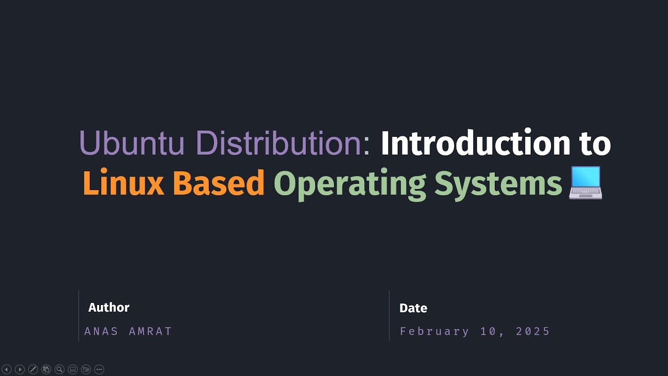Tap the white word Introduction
475,143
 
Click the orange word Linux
123,184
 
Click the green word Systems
498,184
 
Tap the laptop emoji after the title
586,183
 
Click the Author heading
109,308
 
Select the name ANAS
102,332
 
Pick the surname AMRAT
150,332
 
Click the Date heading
413,308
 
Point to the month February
435,332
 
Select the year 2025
533,332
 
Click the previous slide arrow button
7,370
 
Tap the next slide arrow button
20,370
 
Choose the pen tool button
33,370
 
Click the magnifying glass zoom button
59,370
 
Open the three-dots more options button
99,370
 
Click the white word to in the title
595,143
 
